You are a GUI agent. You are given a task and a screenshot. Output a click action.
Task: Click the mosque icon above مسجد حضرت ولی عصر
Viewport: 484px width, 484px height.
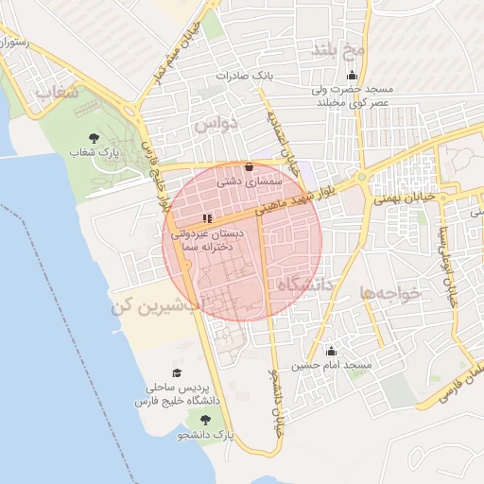click(x=353, y=77)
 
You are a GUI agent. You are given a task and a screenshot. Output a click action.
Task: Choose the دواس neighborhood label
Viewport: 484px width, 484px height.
click(x=216, y=124)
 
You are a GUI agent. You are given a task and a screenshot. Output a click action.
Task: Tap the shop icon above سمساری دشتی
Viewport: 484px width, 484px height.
click(x=249, y=167)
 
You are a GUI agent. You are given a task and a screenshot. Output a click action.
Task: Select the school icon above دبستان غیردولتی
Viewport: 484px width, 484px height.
click(x=207, y=218)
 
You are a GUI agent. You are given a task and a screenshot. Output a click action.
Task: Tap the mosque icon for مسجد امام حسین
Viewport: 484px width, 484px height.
click(x=330, y=351)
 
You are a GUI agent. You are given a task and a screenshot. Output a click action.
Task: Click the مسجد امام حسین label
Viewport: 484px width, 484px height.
click(x=332, y=365)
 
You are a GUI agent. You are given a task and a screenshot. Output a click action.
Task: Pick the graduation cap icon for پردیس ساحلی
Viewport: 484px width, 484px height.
click(x=176, y=374)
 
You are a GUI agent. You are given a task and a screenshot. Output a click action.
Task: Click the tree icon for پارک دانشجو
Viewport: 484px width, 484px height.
click(x=205, y=419)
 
